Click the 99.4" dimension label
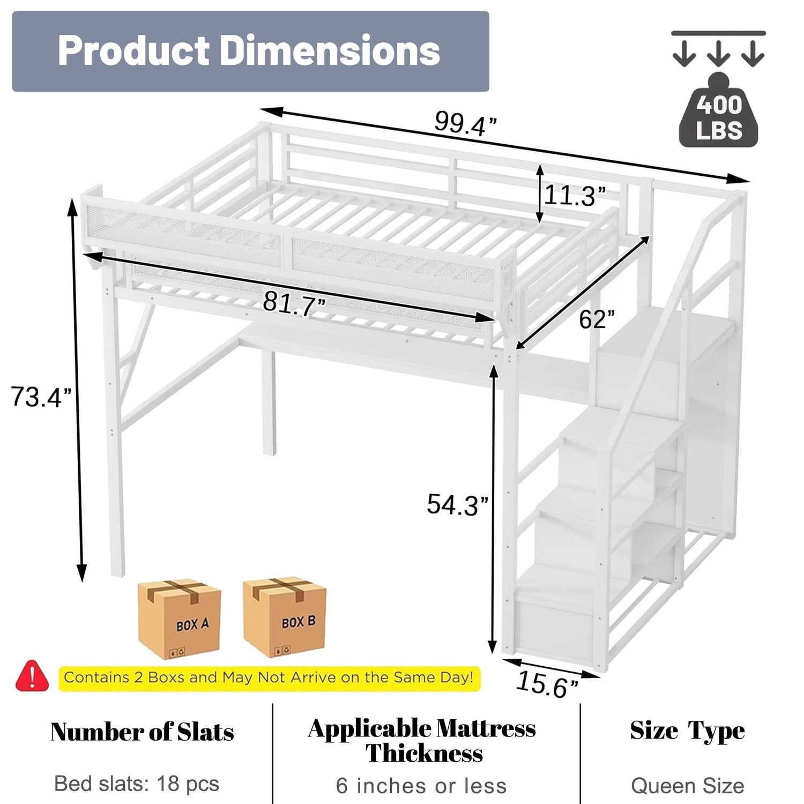(465, 124)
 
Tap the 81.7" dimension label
(294, 304)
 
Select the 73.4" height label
(41, 397)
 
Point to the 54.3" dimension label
(458, 504)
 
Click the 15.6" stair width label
(547, 684)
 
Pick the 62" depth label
(597, 319)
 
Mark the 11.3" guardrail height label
(575, 196)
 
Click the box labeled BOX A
(180, 619)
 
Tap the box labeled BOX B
(285, 617)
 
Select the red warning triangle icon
(32, 676)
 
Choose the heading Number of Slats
(142, 732)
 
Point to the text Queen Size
(688, 786)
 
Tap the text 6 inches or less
(421, 786)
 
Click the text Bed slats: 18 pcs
(137, 784)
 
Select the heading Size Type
(688, 731)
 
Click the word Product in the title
(134, 51)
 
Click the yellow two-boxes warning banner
(270, 678)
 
